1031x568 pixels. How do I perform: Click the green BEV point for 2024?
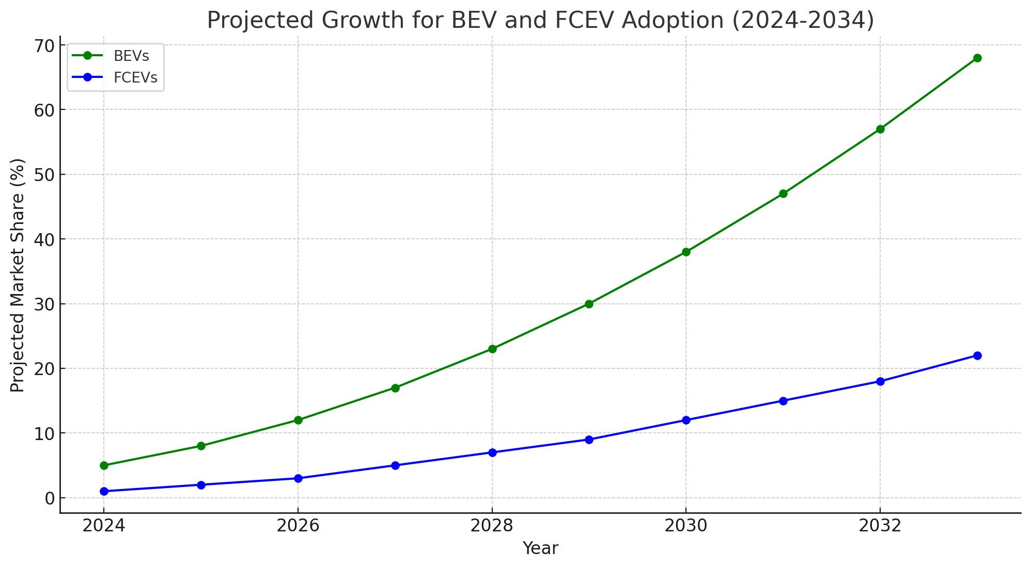(x=104, y=465)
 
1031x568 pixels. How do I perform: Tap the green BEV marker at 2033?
(x=977, y=58)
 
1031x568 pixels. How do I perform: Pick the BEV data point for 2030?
(x=686, y=252)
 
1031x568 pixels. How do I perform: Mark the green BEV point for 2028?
(x=492, y=349)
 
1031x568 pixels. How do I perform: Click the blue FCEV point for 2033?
(x=977, y=355)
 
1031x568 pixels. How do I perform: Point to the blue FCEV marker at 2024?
(x=104, y=491)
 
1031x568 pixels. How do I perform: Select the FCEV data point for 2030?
(x=686, y=420)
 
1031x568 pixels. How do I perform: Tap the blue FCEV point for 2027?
(x=395, y=465)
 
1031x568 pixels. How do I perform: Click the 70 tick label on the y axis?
(x=44, y=45)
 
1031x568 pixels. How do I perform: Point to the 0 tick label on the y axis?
(x=50, y=498)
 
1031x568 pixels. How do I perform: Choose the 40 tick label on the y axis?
(x=44, y=239)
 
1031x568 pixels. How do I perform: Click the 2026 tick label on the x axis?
(x=298, y=526)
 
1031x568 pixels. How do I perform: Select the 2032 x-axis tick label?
(x=880, y=526)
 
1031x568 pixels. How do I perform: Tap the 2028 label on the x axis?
(x=492, y=526)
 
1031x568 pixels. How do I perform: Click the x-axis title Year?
(x=540, y=548)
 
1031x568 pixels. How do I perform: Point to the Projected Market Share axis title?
(x=18, y=275)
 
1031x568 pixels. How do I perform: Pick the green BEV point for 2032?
(x=880, y=129)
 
